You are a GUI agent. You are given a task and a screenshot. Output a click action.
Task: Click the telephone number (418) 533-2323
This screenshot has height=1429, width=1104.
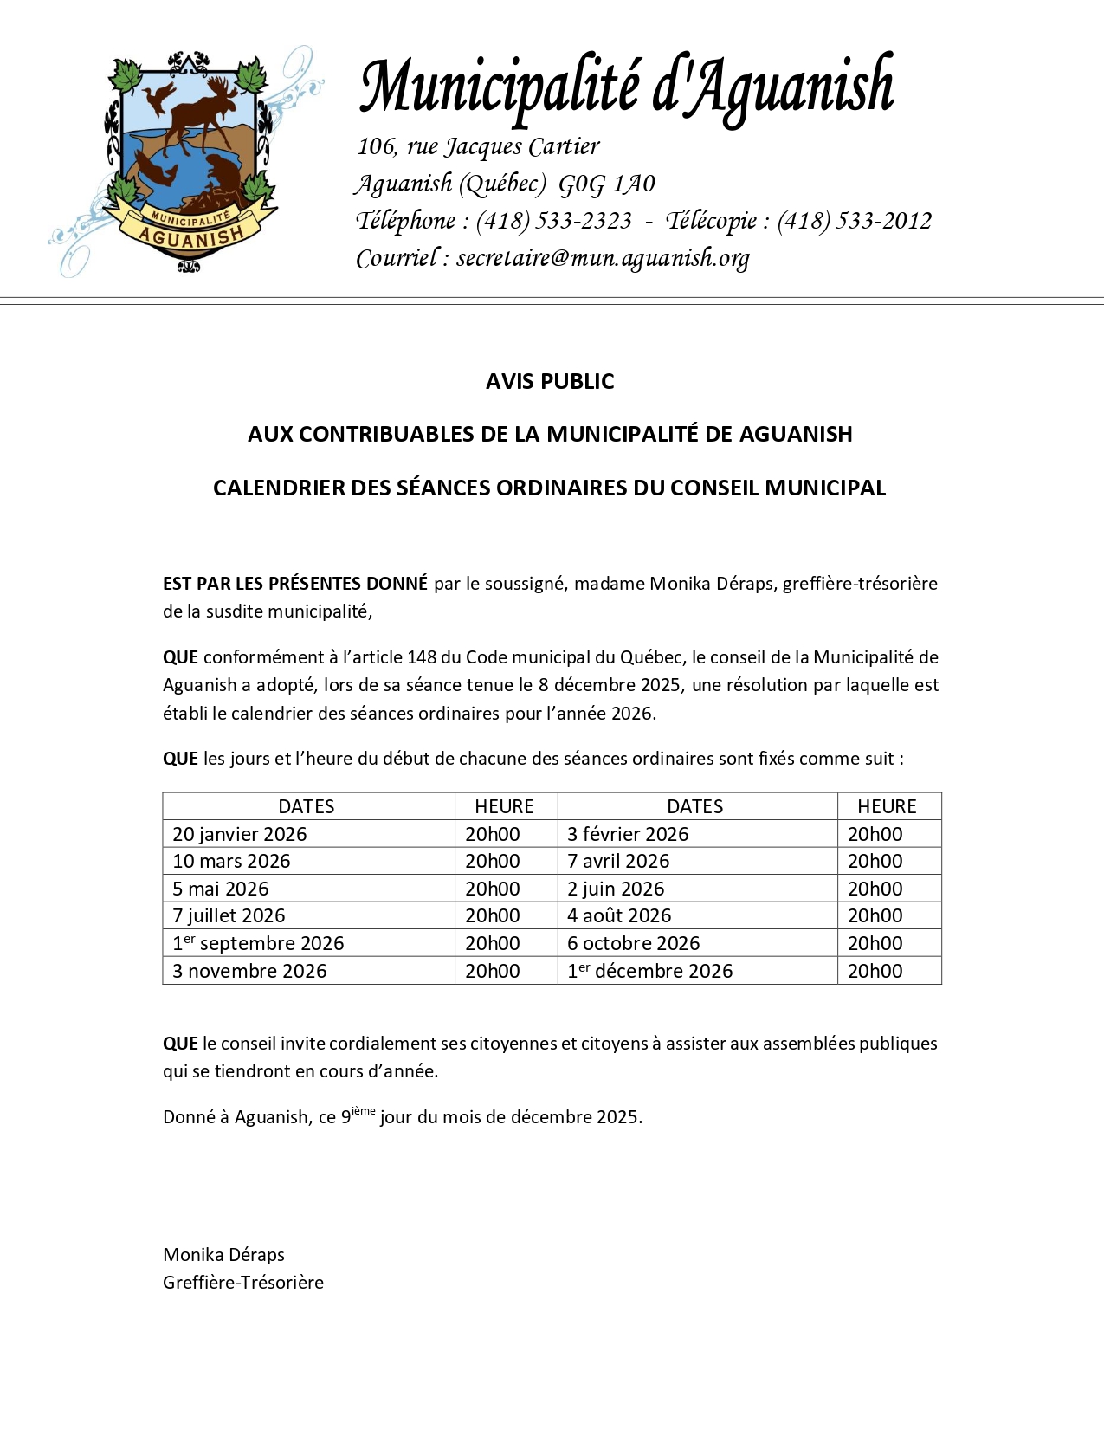point(553,221)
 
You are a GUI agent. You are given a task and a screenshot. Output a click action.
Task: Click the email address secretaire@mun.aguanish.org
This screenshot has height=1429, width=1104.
point(603,258)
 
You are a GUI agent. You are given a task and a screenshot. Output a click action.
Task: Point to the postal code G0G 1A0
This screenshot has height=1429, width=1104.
point(606,184)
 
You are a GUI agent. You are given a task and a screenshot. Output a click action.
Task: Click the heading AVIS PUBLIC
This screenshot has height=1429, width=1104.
point(550,381)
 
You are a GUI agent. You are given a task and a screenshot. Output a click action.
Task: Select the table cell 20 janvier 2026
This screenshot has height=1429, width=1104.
point(240,834)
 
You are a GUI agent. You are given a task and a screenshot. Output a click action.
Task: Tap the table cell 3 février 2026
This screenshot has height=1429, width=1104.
point(628,834)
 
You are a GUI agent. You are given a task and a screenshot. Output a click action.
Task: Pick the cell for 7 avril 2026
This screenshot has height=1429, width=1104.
point(618,861)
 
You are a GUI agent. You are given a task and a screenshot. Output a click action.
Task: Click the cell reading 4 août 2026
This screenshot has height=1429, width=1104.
point(619,915)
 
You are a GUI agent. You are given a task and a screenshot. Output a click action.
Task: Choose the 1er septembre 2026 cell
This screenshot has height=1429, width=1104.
point(258,943)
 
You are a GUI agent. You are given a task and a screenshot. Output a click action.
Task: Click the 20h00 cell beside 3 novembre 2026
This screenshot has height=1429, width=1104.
point(493,971)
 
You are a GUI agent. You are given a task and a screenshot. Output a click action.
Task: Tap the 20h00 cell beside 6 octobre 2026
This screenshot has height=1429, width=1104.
point(875,943)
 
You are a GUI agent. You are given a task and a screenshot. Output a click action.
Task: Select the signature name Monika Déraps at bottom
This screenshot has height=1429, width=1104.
point(223,1254)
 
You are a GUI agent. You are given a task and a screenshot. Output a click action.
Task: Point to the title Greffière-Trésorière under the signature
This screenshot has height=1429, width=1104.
point(243,1282)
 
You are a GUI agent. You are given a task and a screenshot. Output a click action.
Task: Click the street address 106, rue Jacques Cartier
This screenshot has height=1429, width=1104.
point(478,146)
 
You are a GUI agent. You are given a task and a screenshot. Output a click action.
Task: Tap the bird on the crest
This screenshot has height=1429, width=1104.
point(158,96)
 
